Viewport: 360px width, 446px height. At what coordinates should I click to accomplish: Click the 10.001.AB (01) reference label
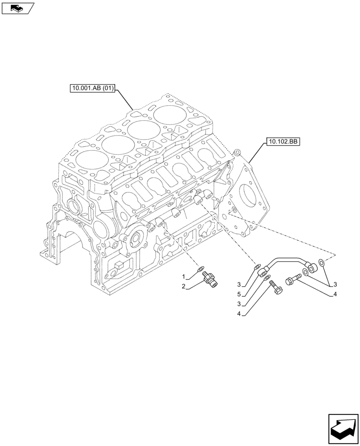tap(93, 89)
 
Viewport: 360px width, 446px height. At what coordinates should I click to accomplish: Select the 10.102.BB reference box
tap(283, 142)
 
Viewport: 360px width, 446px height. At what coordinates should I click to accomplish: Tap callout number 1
tap(183, 277)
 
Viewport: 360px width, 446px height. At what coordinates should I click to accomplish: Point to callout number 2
tap(183, 286)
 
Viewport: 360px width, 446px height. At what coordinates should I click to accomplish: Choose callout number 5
tap(239, 294)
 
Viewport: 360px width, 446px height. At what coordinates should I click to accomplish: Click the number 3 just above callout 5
tap(239, 285)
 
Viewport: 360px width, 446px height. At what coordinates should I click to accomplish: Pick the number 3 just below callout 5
tap(239, 304)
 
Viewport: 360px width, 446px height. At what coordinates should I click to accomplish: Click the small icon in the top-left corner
tap(17, 7)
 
